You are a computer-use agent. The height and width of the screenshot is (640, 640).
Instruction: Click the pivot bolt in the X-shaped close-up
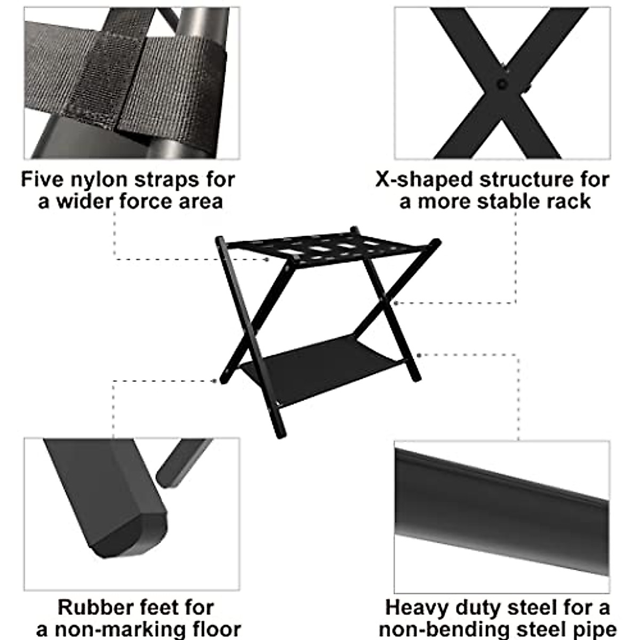[x=501, y=84]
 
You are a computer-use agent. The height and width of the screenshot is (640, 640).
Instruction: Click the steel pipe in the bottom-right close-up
[x=501, y=512]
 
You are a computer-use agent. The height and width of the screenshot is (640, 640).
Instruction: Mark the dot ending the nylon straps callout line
[x=268, y=260]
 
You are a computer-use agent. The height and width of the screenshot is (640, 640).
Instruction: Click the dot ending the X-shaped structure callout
[x=394, y=303]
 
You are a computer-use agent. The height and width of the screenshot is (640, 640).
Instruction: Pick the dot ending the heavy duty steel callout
[x=420, y=355]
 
